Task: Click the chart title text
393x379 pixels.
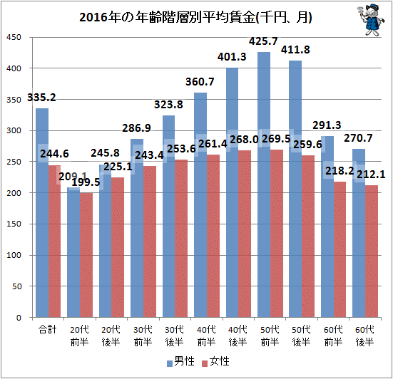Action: pyautogui.click(x=195, y=18)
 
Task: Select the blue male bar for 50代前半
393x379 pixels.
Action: pyautogui.click(x=264, y=185)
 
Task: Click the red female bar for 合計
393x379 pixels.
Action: pyautogui.click(x=55, y=242)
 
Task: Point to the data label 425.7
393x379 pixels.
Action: pyautogui.click(x=263, y=41)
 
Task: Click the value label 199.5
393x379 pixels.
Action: pyautogui.click(x=86, y=182)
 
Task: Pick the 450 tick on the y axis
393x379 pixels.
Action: pyautogui.click(x=14, y=37)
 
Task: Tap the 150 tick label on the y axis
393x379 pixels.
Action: pyautogui.click(x=14, y=224)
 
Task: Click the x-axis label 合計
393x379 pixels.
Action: pyautogui.click(x=48, y=329)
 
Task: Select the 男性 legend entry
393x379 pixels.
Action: pyautogui.click(x=181, y=361)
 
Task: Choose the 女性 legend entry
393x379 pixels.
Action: pyautogui.click(x=216, y=361)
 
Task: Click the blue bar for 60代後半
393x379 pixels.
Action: pyautogui.click(x=359, y=233)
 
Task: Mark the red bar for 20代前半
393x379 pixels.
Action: pyautogui.click(x=86, y=255)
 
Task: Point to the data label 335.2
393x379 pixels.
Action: pyautogui.click(x=41, y=98)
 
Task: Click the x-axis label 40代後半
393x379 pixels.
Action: pyautogui.click(x=238, y=336)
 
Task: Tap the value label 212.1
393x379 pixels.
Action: pyautogui.click(x=371, y=175)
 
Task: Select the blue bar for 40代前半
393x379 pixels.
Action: pyautogui.click(x=200, y=205)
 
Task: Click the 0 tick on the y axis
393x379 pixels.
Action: pyautogui.click(x=19, y=318)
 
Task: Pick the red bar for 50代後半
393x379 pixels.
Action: pyautogui.click(x=308, y=237)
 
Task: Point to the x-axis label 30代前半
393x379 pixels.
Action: pyautogui.click(x=143, y=336)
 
